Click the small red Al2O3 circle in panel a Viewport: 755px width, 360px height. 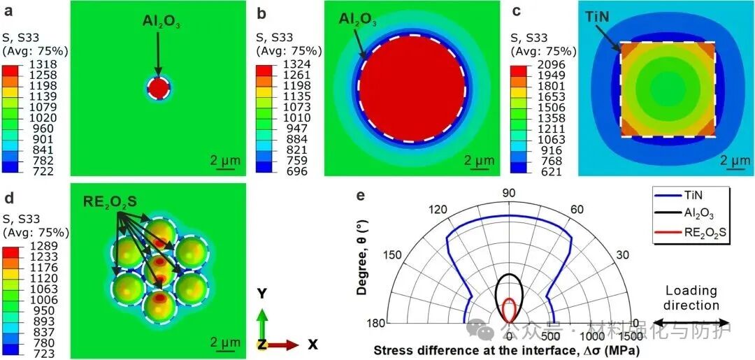coord(159,89)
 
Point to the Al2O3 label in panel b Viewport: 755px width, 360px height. coord(357,20)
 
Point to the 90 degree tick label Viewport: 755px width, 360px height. coord(510,193)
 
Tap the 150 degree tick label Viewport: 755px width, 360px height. coord(393,254)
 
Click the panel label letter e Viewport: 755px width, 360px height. coord(361,195)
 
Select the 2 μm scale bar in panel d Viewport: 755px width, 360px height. coord(225,342)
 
